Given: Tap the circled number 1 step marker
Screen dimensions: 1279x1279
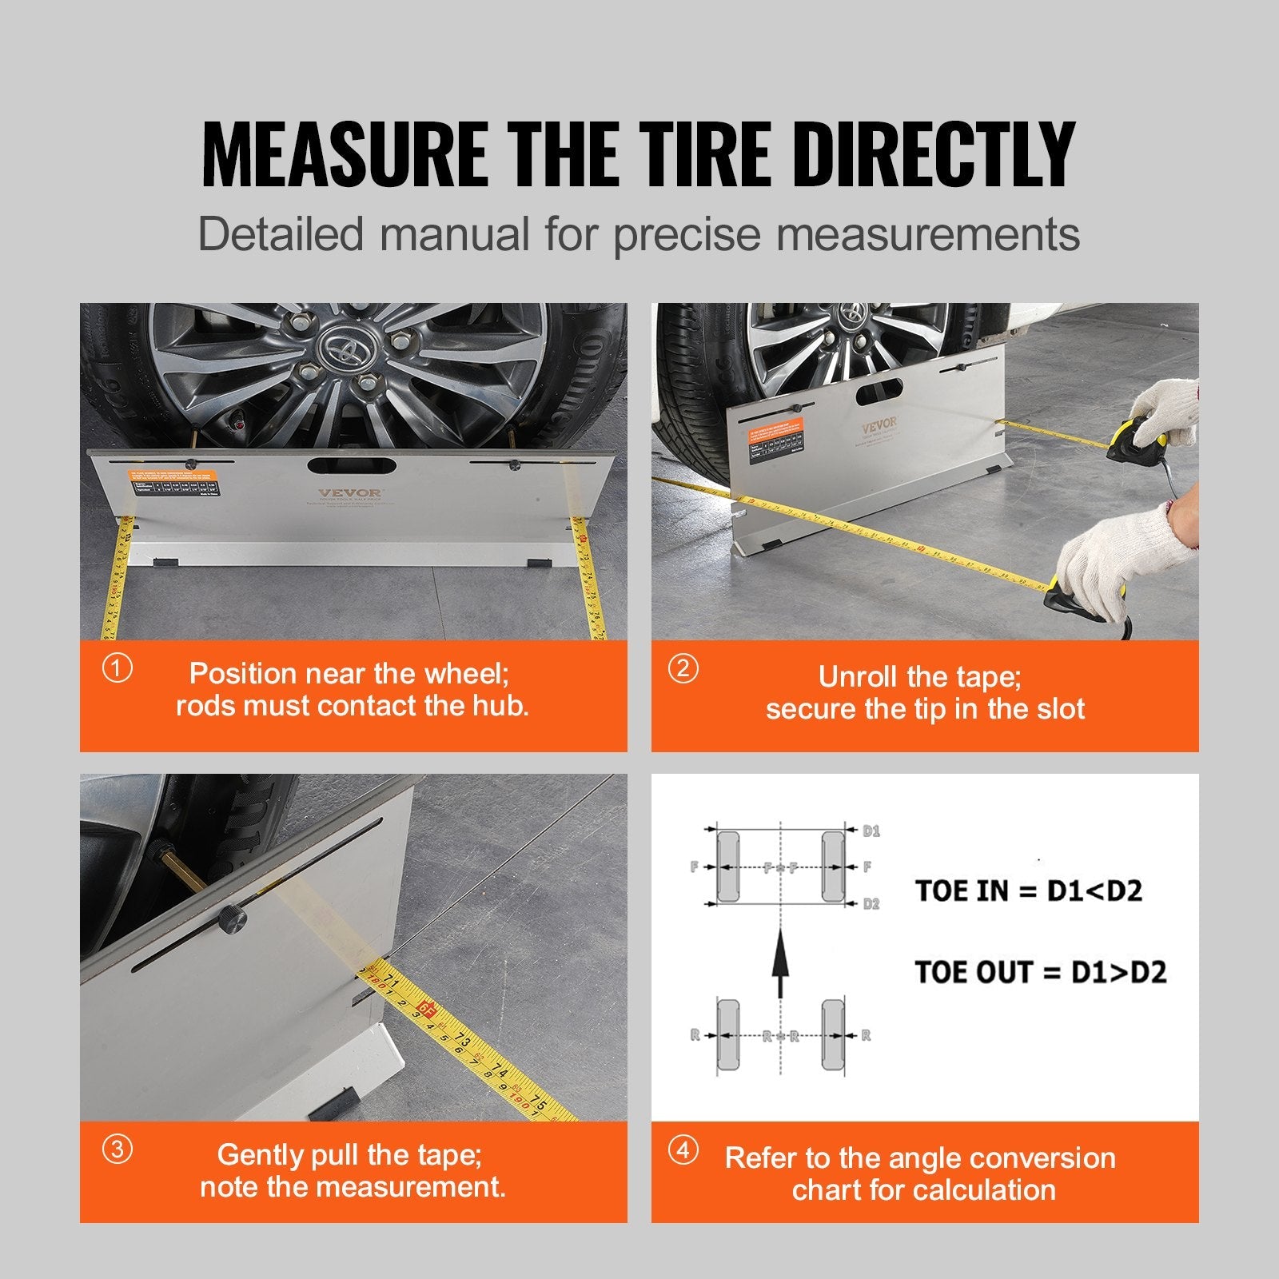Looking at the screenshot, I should click(x=118, y=668).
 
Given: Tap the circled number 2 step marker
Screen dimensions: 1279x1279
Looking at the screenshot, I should click(x=683, y=668).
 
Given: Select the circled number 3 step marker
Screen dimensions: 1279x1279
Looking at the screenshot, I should click(x=118, y=1150).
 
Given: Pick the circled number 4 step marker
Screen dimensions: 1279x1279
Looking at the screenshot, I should click(x=683, y=1151).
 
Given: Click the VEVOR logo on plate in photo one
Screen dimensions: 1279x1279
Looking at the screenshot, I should click(x=350, y=493).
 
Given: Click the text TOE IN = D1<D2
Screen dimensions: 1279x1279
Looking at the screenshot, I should click(x=1028, y=891).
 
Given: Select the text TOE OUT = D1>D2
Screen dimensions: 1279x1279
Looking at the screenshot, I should click(x=1039, y=972).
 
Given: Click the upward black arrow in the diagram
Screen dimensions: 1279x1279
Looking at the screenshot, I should click(x=780, y=963).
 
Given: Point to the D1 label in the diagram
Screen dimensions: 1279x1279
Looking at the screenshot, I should click(x=871, y=831).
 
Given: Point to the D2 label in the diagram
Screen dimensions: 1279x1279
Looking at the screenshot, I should click(x=871, y=904).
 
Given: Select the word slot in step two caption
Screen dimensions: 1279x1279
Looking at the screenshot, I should click(x=1059, y=709).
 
